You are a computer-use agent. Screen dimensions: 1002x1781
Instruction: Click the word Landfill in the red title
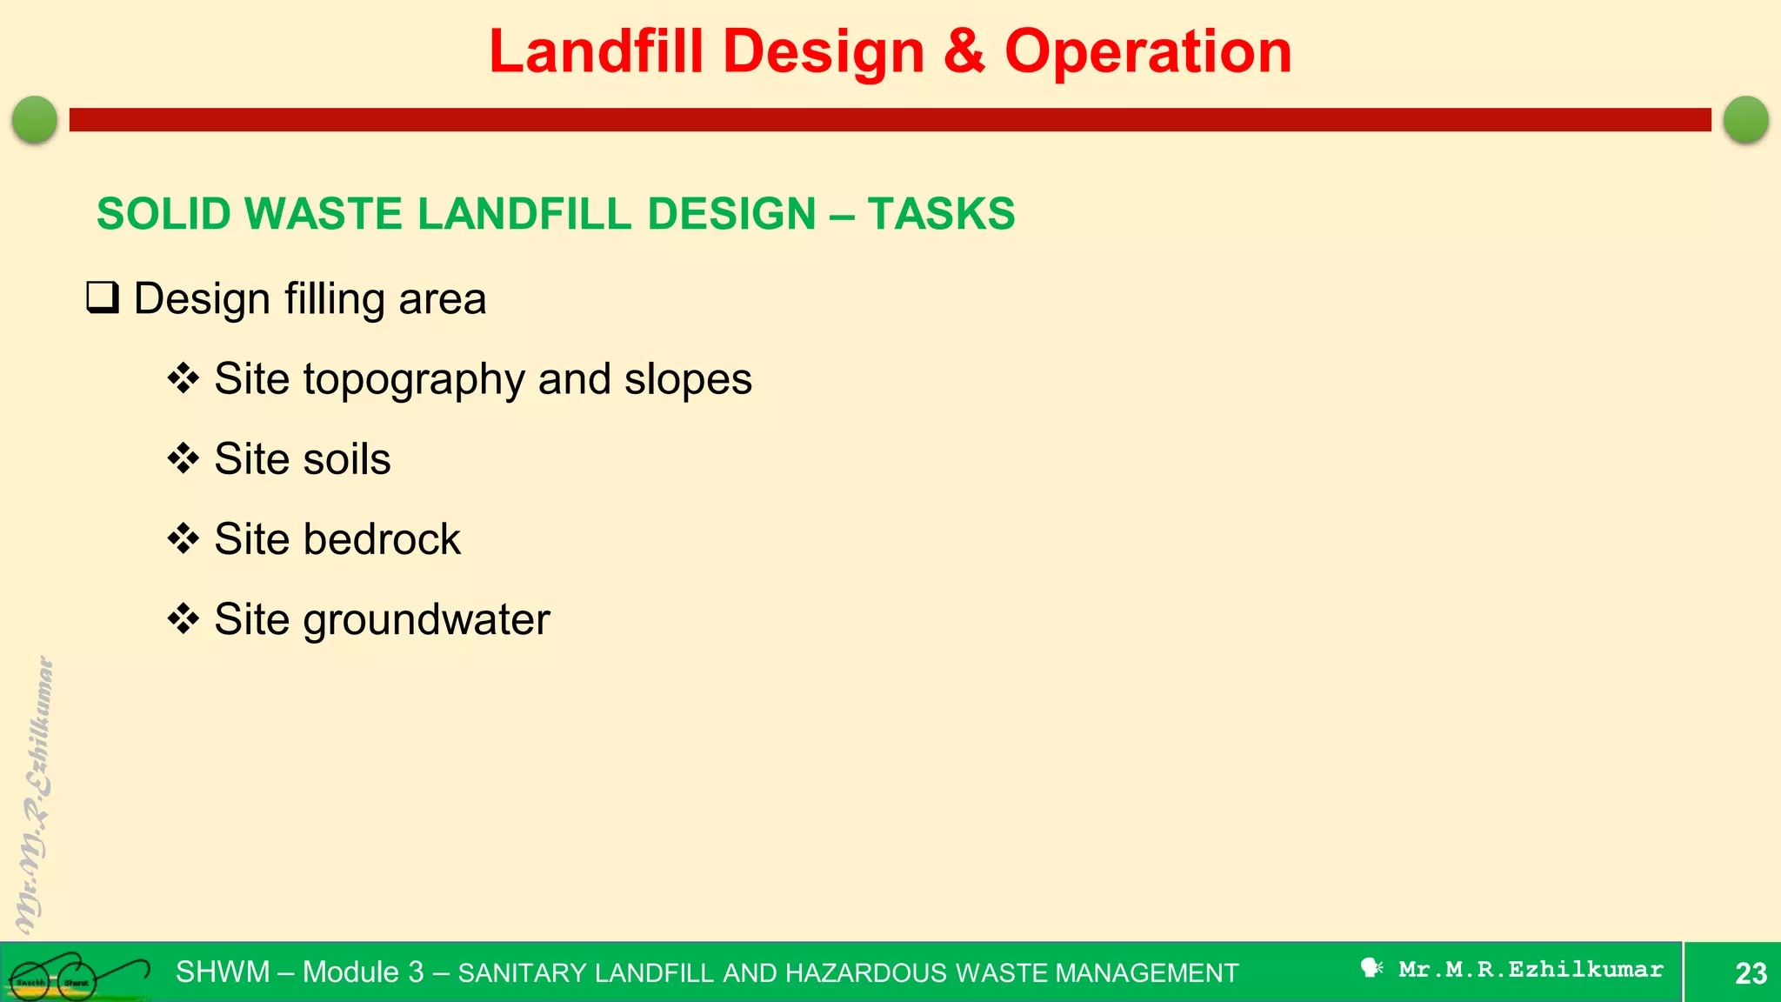point(596,52)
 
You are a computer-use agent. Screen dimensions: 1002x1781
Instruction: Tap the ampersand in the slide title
point(964,52)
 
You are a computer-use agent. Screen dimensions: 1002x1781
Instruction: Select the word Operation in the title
point(1148,52)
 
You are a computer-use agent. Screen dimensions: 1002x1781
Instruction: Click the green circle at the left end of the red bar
point(35,119)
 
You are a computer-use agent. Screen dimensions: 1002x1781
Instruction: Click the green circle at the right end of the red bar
point(1745,119)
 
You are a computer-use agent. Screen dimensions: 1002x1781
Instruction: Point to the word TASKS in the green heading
point(941,214)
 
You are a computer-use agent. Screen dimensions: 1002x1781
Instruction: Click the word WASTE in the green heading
point(323,214)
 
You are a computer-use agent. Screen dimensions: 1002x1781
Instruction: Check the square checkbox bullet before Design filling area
point(103,298)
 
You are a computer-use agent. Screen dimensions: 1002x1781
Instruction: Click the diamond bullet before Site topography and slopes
point(183,378)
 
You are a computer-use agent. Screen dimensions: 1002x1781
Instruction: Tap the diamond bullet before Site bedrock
point(183,538)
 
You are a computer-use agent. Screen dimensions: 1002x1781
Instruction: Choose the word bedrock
point(382,539)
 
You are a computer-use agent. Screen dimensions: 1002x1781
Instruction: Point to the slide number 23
point(1750,972)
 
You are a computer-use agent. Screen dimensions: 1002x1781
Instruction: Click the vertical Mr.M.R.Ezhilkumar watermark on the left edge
point(35,796)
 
